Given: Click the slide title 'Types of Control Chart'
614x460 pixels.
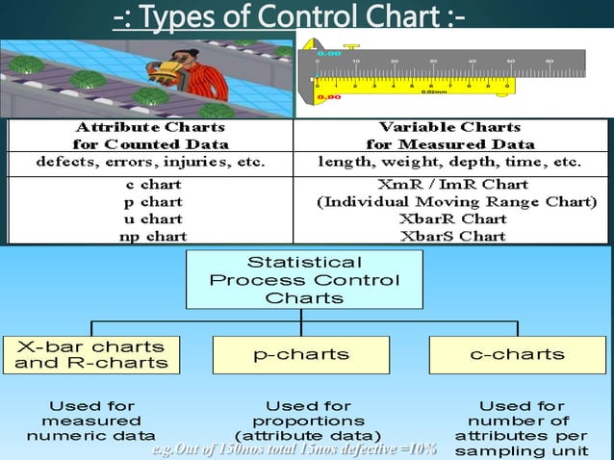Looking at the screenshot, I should click(289, 17).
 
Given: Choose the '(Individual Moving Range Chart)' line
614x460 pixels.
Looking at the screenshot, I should click(457, 202).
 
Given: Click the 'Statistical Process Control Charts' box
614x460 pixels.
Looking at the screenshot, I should click(304, 280).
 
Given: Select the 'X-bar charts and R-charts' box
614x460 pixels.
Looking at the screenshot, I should click(90, 354).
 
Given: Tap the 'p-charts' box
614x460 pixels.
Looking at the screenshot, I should click(301, 354).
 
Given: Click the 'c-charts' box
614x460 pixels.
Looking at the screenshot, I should click(517, 354).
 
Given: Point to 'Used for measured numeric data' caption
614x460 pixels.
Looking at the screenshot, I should click(90, 421).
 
